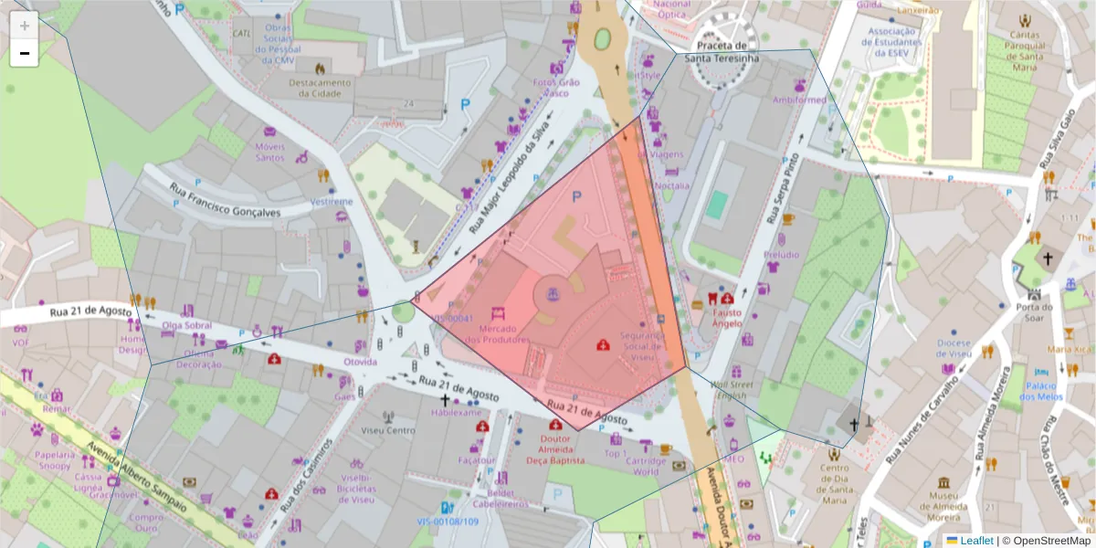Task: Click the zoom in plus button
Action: pos(25,26)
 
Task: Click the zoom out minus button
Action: pos(25,53)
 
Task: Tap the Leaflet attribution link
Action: pos(976,541)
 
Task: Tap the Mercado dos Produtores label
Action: pos(497,334)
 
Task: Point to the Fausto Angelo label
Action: pos(727,317)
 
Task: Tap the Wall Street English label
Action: pos(728,390)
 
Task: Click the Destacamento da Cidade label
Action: pos(320,88)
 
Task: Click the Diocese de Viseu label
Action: pos(954,349)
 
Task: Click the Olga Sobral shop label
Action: pos(186,325)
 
